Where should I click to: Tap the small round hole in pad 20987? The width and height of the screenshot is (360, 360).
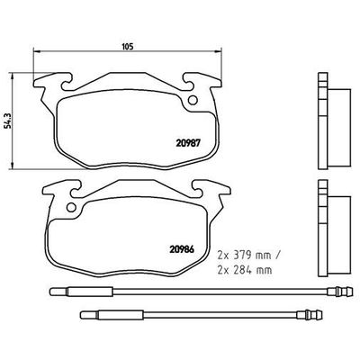click(192, 101)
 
